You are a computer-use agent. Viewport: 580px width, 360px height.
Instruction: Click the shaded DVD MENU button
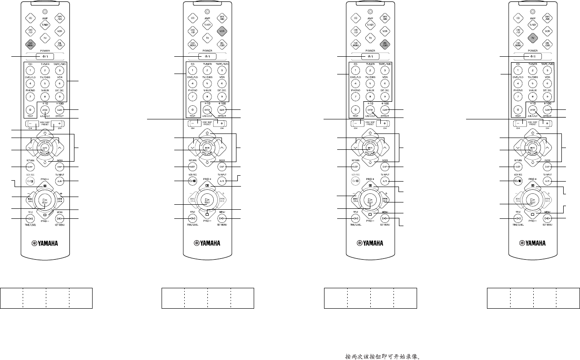coord(30,44)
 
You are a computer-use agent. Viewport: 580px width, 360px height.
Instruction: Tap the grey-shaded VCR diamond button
coord(222,31)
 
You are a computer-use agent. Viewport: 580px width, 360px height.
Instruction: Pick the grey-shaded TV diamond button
coord(533,38)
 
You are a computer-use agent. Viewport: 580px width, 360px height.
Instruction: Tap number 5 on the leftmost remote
coord(45,84)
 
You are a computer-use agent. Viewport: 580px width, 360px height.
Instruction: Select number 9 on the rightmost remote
coord(548,97)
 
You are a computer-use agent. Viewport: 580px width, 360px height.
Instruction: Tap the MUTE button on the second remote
coord(207,148)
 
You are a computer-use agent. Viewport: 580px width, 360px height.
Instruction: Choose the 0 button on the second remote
coord(193,110)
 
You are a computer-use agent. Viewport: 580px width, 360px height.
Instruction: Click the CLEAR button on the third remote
coord(385,110)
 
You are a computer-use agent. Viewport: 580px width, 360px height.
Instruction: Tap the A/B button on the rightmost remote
coord(548,181)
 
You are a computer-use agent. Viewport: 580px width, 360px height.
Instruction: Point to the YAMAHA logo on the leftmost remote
coord(44,243)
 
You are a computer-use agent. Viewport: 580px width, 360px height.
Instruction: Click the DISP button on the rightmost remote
coord(548,167)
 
